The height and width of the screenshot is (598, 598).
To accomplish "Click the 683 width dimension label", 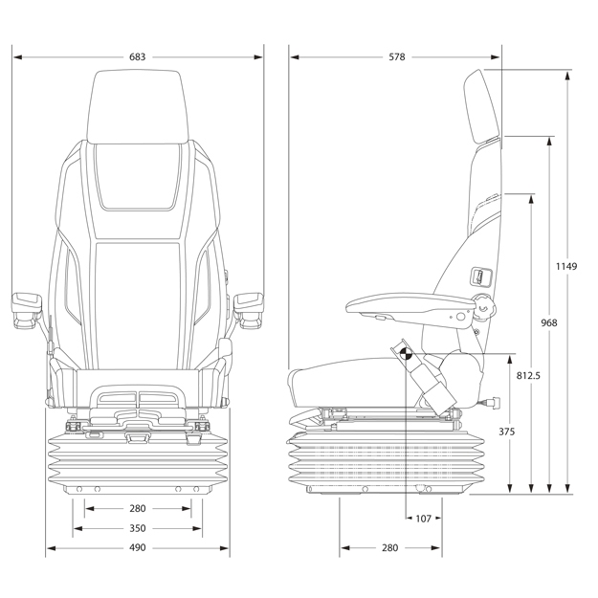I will coord(138,57).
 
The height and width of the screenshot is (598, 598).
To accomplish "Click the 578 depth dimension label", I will coord(396,57).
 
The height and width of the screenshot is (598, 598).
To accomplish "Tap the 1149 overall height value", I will coord(565,266).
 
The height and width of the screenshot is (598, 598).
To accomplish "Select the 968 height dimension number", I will coord(547,322).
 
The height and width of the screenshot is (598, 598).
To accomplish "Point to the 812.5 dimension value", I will coord(528,375).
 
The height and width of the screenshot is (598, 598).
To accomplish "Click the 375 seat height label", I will coord(507,432).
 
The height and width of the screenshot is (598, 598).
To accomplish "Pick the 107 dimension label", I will coord(423,519).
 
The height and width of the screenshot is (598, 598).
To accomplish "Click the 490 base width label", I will coord(137,548).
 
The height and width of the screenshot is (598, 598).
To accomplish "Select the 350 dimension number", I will coord(137,528).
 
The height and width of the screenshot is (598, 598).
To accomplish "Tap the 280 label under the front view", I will coord(137,509).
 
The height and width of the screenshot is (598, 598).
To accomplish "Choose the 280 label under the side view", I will coord(389,548).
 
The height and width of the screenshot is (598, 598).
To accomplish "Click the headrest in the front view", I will coord(135,105).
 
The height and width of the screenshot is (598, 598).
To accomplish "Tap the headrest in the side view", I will coord(482,105).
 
